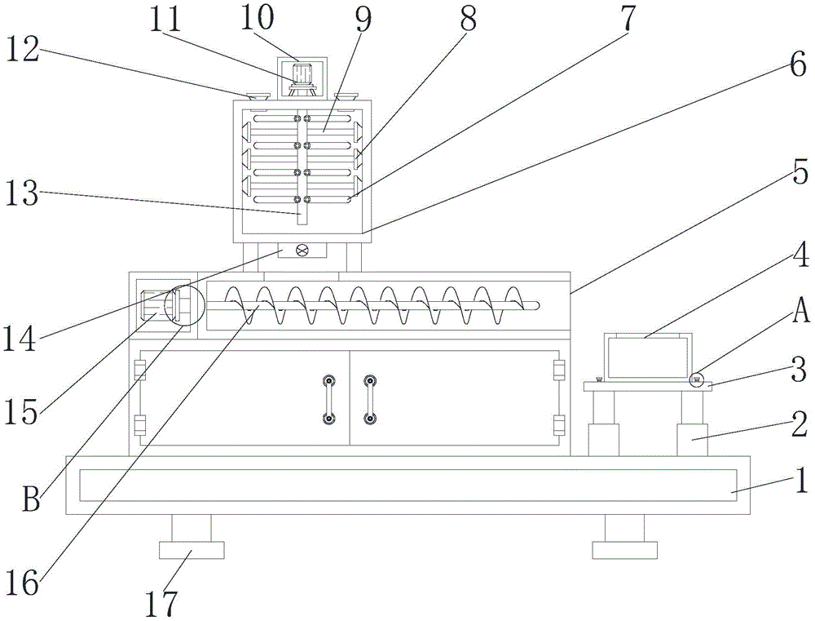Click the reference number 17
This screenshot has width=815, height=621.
[x=161, y=603]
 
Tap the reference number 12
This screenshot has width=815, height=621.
[x=23, y=51]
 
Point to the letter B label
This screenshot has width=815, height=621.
[x=31, y=499]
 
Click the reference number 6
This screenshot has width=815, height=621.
[x=799, y=65]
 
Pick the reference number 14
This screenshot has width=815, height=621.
[x=20, y=339]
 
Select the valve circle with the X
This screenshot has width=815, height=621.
[x=302, y=251]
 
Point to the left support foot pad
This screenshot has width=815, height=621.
[x=192, y=550]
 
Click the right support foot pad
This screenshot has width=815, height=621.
[x=625, y=550]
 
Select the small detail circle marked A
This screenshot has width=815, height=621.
[x=696, y=380]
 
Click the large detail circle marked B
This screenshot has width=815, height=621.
[x=182, y=305]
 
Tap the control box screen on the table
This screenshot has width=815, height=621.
[x=648, y=357]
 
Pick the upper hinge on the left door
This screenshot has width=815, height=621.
[x=139, y=370]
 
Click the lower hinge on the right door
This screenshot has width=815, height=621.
[x=559, y=425]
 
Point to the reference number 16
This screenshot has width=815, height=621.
[x=22, y=582]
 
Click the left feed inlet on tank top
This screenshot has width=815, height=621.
[x=258, y=97]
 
